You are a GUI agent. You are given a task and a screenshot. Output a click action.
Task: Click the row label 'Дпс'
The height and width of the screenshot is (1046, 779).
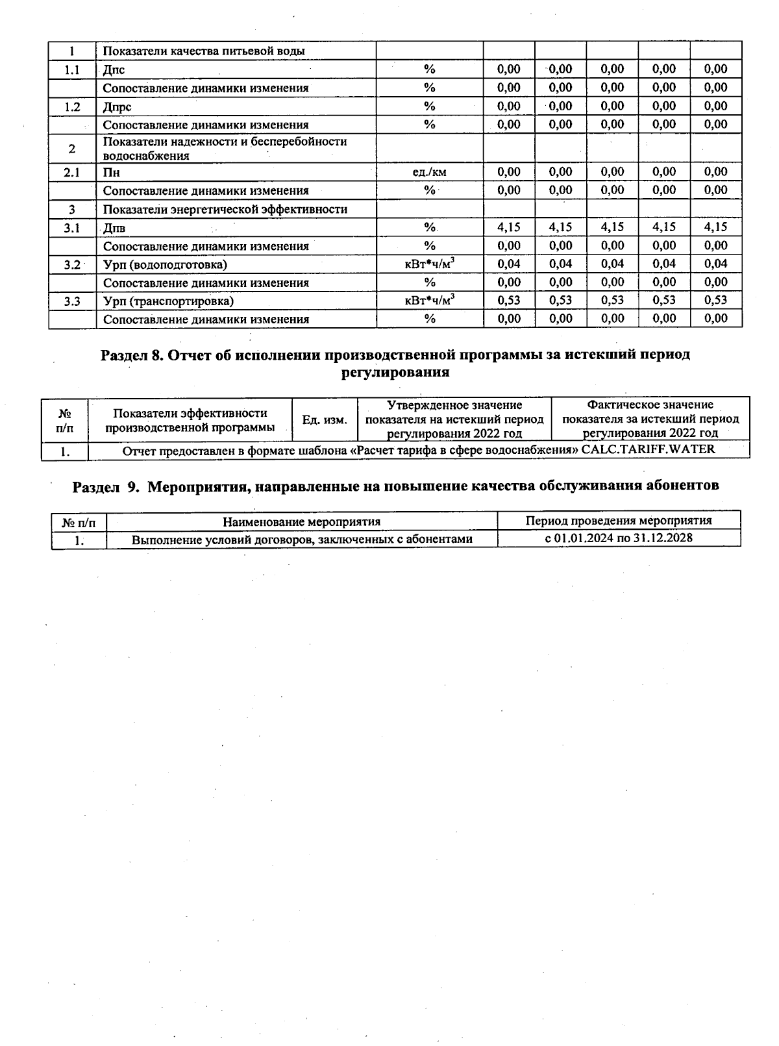[x=114, y=69]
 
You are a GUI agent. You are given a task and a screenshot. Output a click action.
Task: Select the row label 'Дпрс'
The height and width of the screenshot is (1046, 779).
[x=117, y=106]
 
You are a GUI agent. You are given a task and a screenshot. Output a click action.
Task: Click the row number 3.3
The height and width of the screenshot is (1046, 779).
[x=72, y=301]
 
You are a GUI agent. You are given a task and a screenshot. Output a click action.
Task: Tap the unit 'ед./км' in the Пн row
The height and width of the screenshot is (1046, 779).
[x=429, y=172]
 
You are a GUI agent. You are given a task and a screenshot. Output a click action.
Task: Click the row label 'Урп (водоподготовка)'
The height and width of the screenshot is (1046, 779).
[x=165, y=264]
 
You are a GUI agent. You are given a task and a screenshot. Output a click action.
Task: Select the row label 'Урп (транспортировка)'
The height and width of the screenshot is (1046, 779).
[x=168, y=301]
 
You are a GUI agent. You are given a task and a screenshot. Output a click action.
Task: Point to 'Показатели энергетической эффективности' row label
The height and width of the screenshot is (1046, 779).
[x=225, y=209]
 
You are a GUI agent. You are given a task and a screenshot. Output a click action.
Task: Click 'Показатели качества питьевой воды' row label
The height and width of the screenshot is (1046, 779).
[x=204, y=51]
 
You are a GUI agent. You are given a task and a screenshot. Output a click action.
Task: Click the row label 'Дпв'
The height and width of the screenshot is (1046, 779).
[x=114, y=228]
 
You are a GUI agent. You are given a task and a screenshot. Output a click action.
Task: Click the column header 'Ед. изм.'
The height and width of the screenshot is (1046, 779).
[x=325, y=420]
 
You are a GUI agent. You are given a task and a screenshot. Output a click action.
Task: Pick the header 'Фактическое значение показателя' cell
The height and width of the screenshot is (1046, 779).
[x=650, y=419]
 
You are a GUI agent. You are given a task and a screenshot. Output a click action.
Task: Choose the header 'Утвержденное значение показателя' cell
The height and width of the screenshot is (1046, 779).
[x=454, y=419]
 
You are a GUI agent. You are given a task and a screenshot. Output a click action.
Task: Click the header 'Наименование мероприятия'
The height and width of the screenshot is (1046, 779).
[x=301, y=521]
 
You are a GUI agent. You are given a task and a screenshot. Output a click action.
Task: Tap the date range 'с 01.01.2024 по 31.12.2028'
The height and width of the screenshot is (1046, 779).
[x=618, y=538]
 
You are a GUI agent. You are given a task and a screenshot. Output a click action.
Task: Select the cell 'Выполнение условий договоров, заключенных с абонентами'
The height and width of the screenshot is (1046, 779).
[x=302, y=540]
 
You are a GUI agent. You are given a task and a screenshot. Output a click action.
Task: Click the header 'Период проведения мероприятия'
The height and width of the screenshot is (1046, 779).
[x=618, y=521]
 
